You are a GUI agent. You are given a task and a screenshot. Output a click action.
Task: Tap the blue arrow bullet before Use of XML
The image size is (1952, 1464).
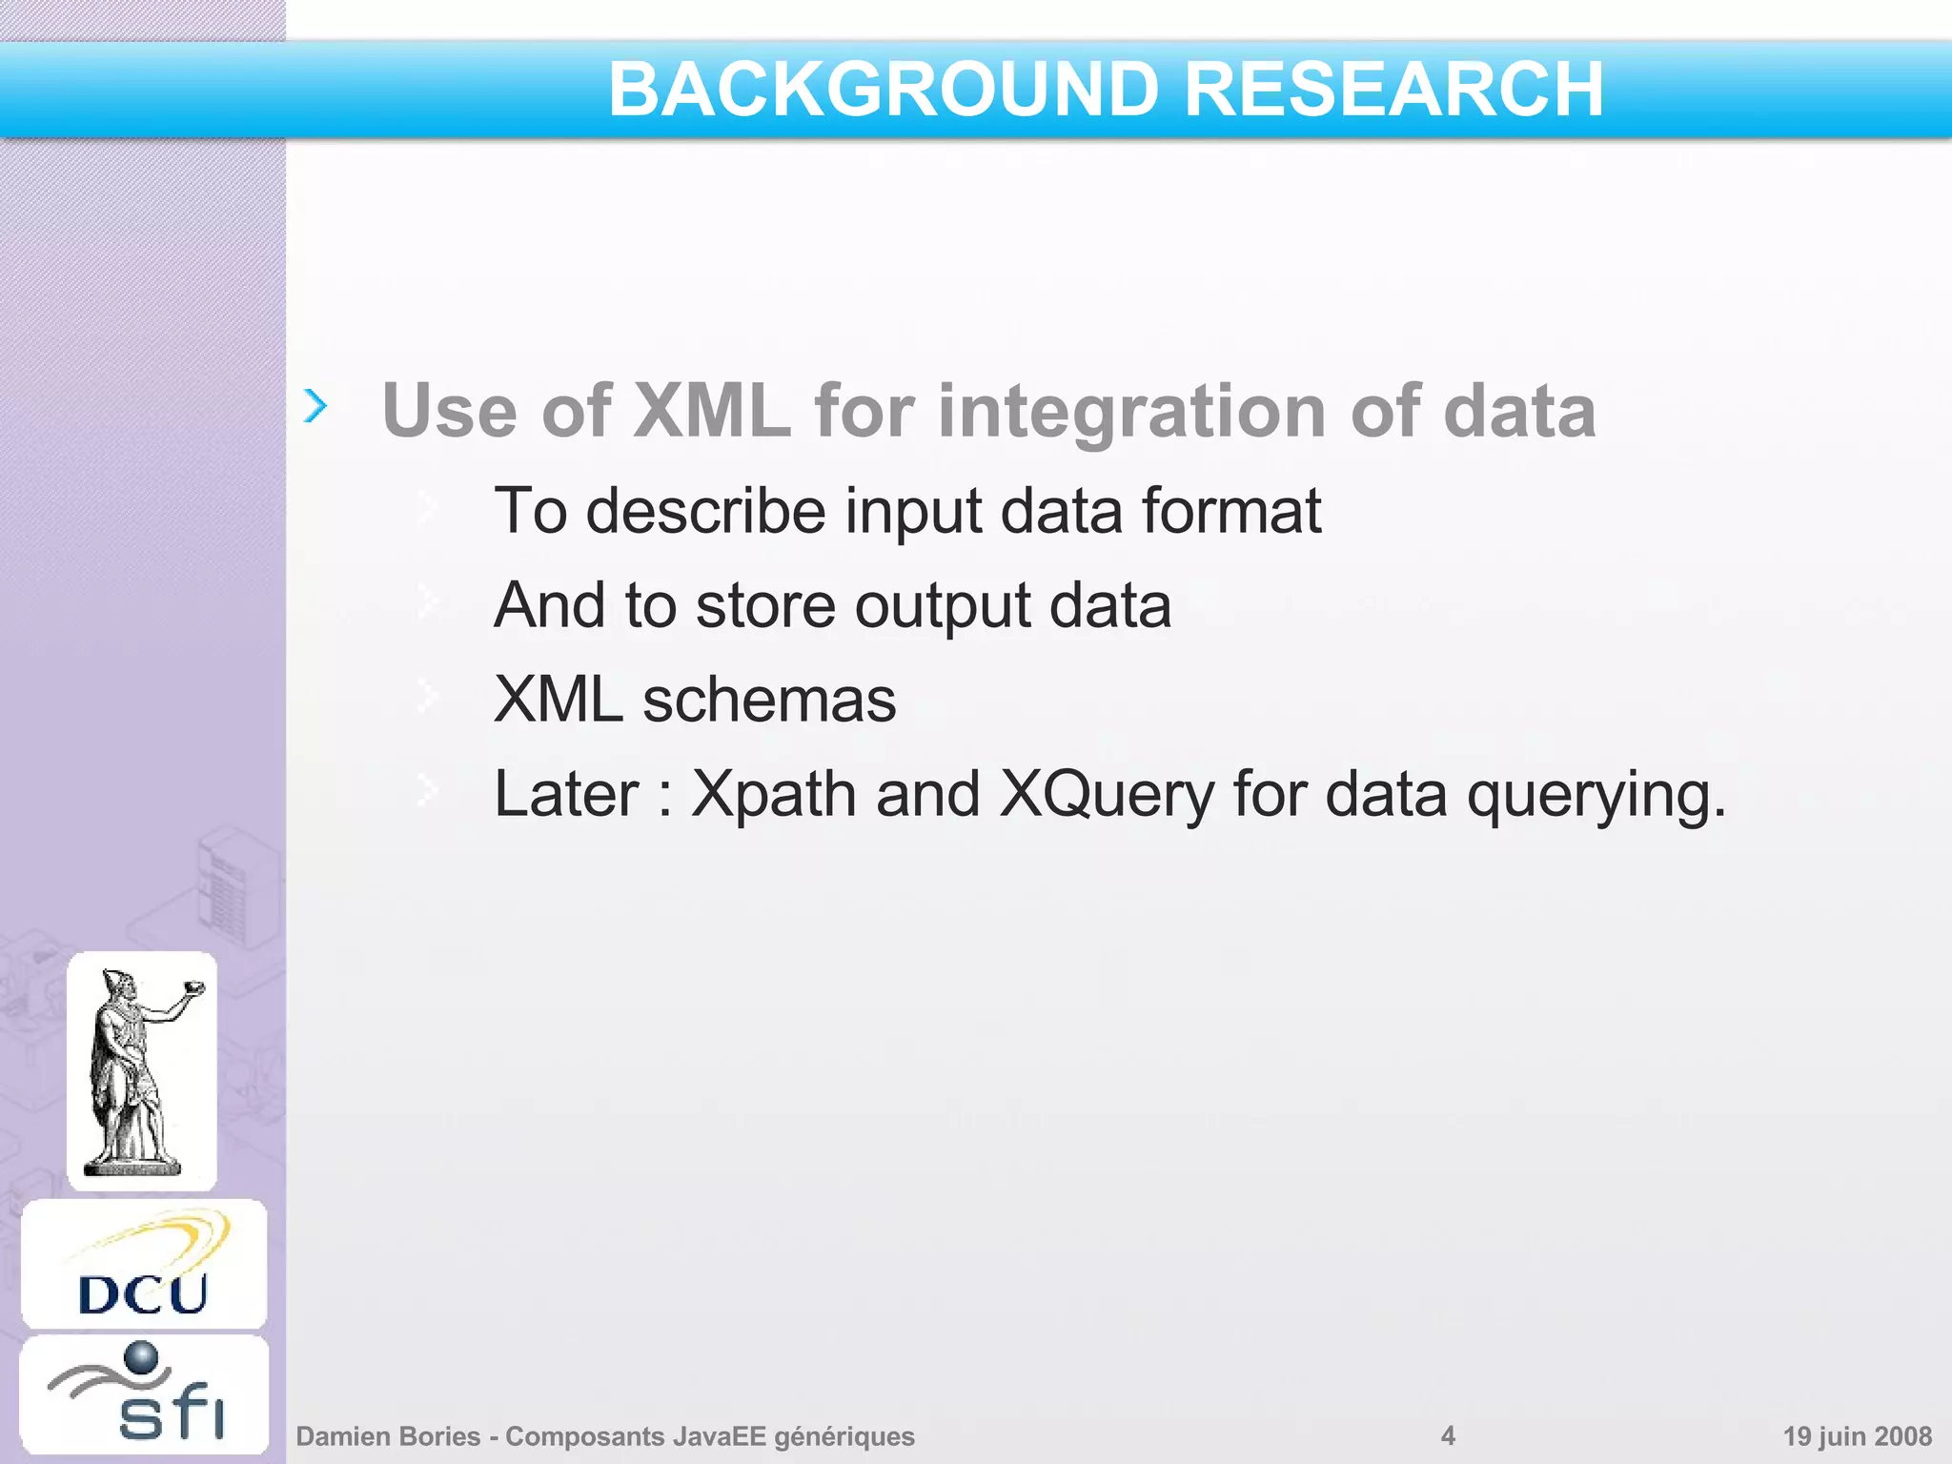pos(315,406)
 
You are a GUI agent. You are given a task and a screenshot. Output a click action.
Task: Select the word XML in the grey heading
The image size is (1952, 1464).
pos(711,411)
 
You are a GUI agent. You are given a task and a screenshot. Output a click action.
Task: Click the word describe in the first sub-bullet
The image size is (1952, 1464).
pos(705,511)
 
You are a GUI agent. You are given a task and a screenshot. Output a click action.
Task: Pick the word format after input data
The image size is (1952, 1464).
pos(1231,511)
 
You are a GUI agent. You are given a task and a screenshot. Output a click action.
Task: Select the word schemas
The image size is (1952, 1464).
pos(769,700)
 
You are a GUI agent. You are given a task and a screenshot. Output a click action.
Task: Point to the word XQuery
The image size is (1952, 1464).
pos(1106,795)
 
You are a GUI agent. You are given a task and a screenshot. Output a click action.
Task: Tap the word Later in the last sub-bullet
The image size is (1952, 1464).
pos(566,795)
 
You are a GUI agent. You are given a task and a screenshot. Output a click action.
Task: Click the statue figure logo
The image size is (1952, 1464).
pos(142,1070)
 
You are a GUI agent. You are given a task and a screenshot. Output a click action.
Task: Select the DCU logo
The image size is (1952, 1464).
pos(144,1265)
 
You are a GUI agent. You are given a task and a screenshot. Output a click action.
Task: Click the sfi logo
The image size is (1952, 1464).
pos(144,1395)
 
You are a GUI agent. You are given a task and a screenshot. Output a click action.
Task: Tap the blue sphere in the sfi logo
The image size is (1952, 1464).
pos(141,1357)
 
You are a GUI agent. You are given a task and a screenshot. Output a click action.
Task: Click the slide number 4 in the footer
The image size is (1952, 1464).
pos(1448,1435)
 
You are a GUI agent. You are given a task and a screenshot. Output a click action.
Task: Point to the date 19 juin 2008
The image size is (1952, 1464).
pos(1857,1436)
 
